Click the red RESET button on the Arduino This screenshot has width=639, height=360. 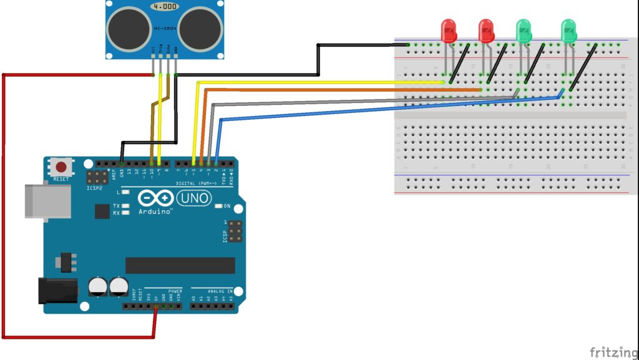point(61,167)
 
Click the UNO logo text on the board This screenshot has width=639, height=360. point(194,198)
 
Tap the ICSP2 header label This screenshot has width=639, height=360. point(94,186)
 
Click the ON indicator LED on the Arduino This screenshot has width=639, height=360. point(218,206)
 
